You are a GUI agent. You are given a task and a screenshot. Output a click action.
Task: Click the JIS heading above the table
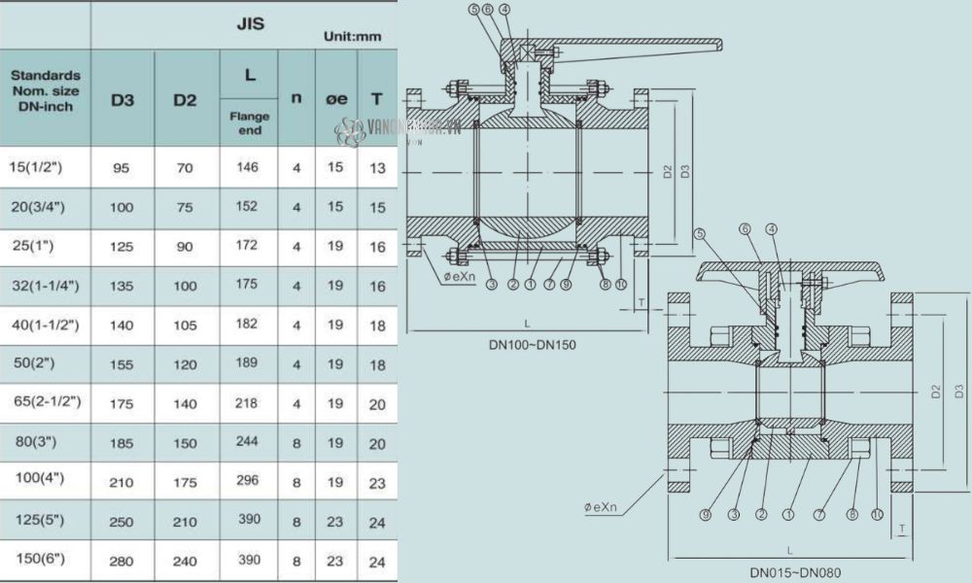[x=251, y=23]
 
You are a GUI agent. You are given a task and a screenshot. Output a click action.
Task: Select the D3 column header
[x=121, y=99]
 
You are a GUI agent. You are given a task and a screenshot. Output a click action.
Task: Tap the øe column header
[x=336, y=98]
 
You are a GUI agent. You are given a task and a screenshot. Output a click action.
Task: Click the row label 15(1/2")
[x=41, y=167]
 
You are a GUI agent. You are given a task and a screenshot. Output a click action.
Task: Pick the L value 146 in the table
[x=248, y=167]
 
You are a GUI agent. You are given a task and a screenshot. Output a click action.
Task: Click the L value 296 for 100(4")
[x=248, y=480]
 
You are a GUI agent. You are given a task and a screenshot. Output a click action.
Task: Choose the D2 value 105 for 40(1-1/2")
[x=185, y=324]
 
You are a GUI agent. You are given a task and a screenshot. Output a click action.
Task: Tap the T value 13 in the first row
[x=378, y=168]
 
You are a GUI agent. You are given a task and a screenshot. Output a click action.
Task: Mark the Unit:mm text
[x=352, y=37]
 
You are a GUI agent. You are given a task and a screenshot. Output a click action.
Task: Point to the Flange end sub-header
[x=249, y=122]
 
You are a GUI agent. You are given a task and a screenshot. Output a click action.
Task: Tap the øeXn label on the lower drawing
[x=606, y=507]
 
